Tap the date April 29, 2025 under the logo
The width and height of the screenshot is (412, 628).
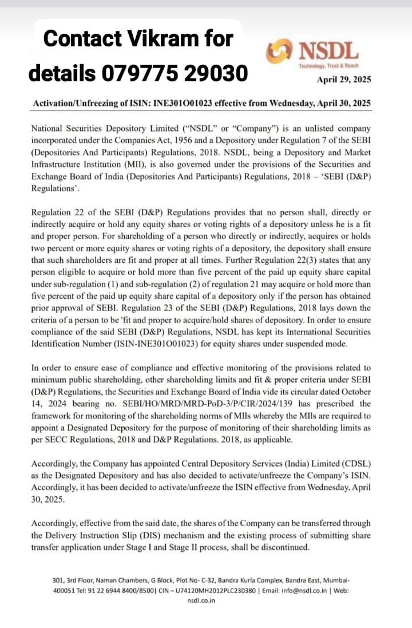click(x=344, y=80)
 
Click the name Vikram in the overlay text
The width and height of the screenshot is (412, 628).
click(x=161, y=39)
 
